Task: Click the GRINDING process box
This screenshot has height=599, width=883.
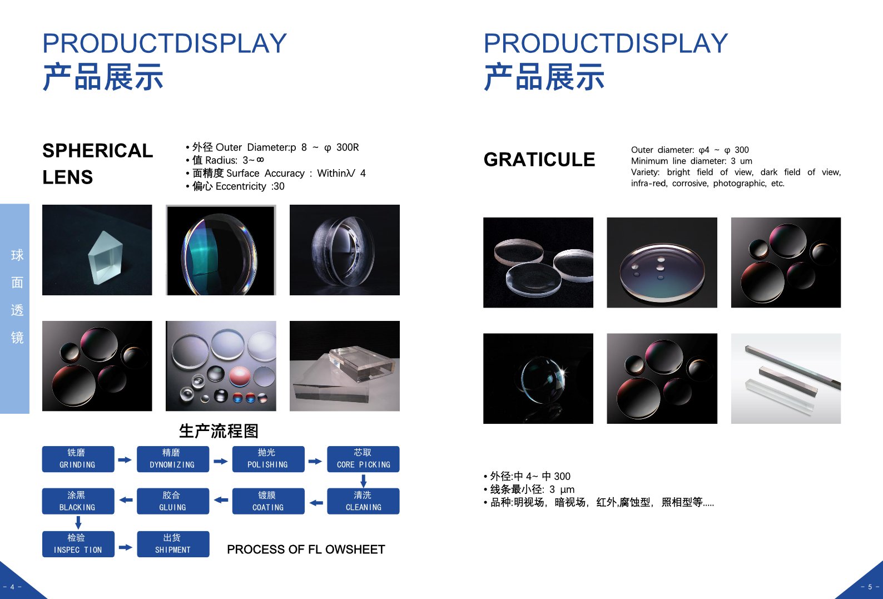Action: point(78,459)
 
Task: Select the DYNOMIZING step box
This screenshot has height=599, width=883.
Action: point(173,459)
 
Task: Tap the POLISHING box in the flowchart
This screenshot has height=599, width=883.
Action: point(269,459)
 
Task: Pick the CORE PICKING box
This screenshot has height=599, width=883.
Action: point(363,459)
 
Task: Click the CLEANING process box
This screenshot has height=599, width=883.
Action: point(363,501)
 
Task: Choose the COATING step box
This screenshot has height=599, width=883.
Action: point(269,501)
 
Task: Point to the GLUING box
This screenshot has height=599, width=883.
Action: point(173,501)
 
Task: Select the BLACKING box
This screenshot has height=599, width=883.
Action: point(78,501)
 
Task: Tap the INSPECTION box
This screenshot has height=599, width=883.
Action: point(78,544)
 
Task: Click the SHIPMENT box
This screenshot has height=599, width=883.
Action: point(173,544)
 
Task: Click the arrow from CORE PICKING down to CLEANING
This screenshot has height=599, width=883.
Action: point(364,481)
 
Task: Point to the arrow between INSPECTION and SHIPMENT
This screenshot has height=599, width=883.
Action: point(125,547)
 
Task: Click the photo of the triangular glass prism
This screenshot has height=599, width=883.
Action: point(97,250)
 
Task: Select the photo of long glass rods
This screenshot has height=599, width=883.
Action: point(786,379)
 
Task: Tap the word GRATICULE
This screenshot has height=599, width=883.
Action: point(539,160)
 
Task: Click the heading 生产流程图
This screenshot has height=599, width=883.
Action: point(219,431)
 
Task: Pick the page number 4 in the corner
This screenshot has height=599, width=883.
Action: point(12,587)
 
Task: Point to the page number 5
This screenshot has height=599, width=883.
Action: point(870,587)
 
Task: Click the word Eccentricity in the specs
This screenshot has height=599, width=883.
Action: point(241,186)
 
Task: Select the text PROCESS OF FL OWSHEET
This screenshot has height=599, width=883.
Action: point(306,550)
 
